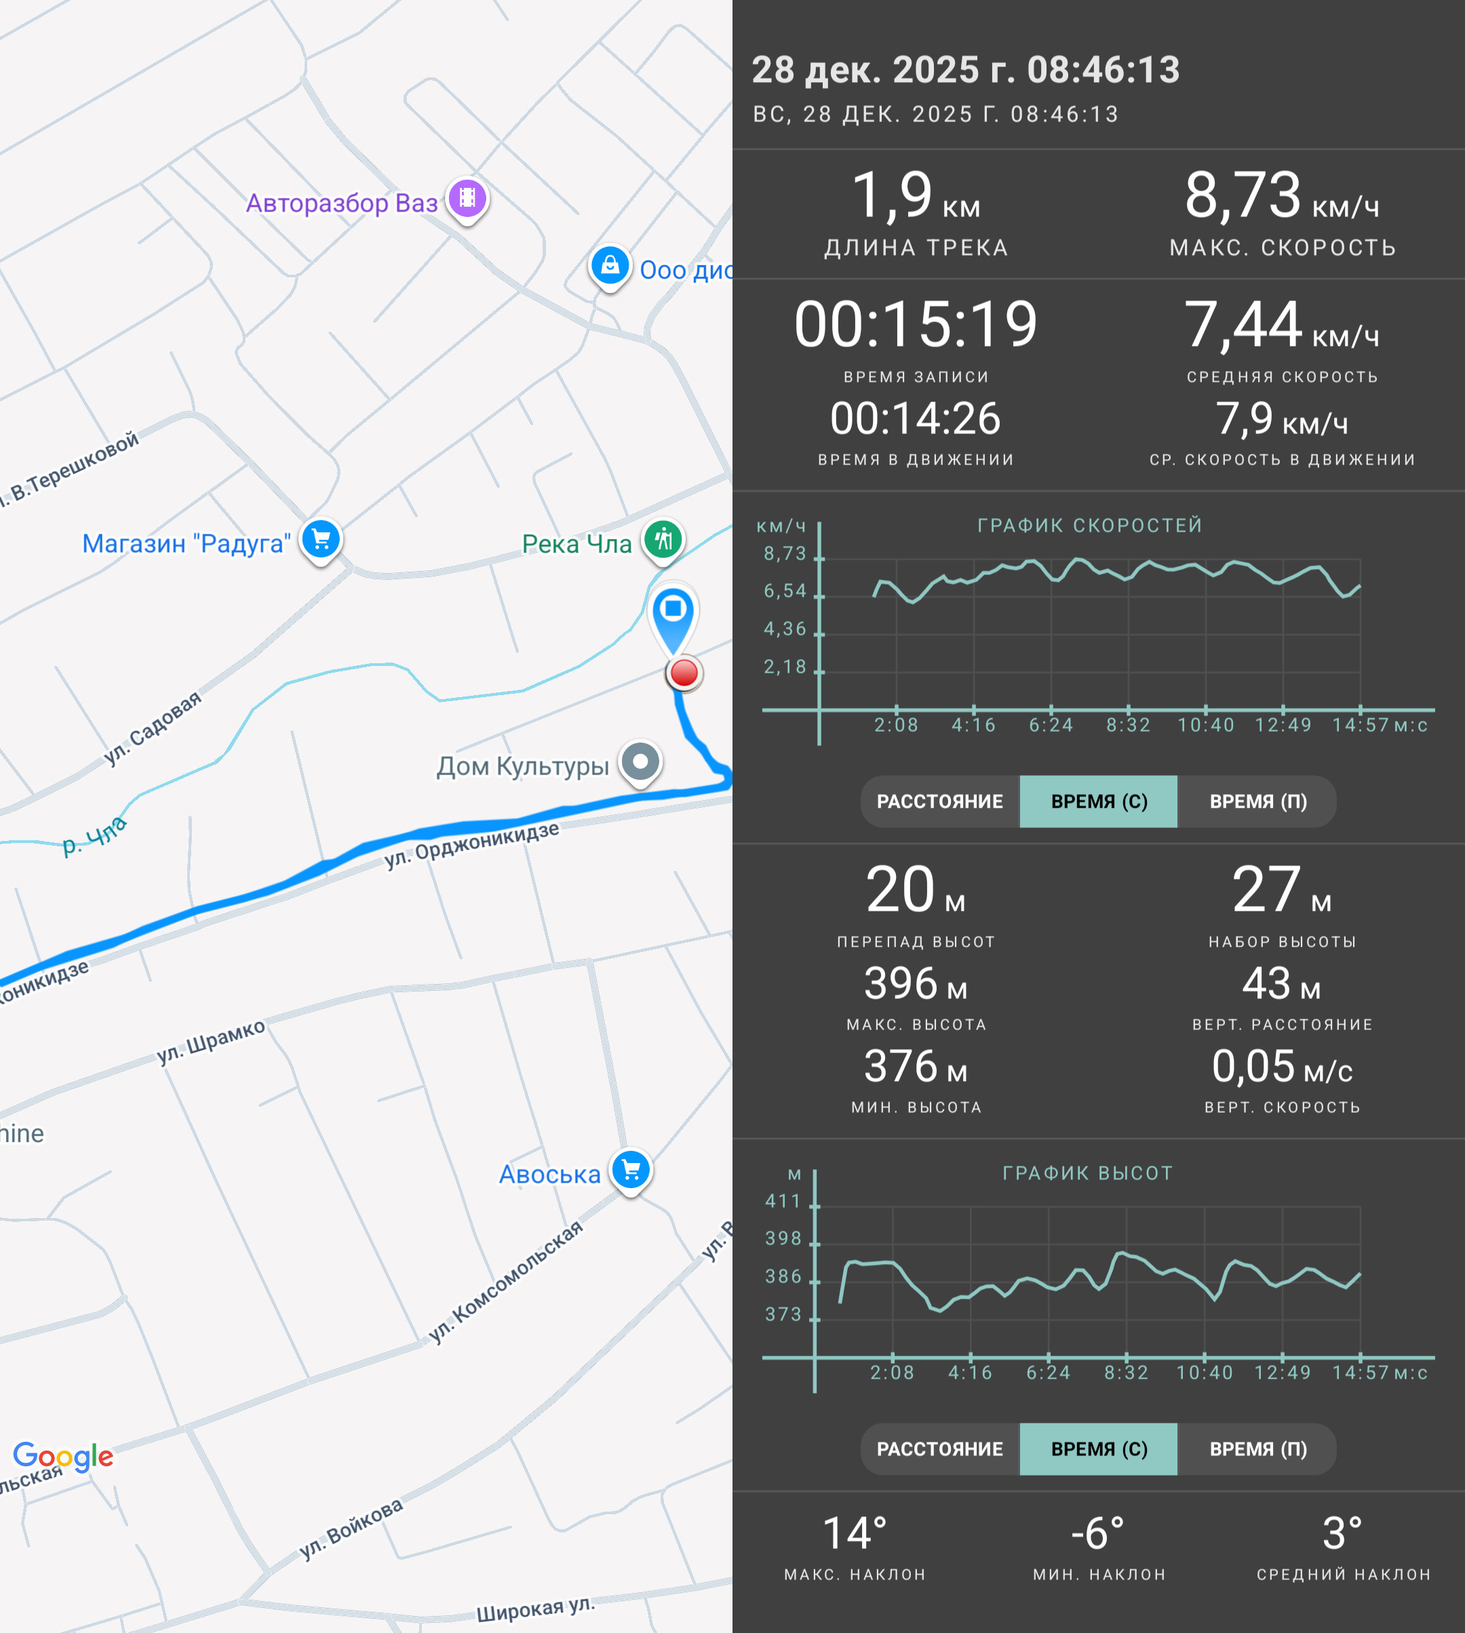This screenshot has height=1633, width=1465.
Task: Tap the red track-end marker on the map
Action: coord(684,673)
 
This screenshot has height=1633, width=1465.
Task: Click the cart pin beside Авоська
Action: coord(631,1171)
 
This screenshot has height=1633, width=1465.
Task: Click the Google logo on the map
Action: coord(64,1456)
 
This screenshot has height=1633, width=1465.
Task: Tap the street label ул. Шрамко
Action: coord(211,1042)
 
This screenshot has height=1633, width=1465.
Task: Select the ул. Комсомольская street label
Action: coord(505,1281)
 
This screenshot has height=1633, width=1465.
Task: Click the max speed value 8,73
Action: coord(1242,195)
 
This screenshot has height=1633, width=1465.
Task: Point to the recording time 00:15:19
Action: coord(916,324)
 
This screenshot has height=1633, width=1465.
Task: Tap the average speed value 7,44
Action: coord(1243,324)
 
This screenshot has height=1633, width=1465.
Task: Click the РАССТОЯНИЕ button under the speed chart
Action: coord(939,802)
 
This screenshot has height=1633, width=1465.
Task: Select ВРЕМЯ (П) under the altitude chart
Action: coord(1257,1449)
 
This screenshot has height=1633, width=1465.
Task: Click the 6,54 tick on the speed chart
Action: coord(785,591)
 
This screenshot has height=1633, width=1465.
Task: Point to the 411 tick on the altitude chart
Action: coord(783,1202)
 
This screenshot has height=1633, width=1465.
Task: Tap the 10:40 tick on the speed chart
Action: coord(1206,725)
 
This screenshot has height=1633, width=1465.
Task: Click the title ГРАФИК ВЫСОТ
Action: coord(1087,1173)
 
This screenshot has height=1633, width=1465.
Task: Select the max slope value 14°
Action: coord(855,1533)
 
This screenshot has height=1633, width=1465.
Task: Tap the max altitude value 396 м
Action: coord(916,983)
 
